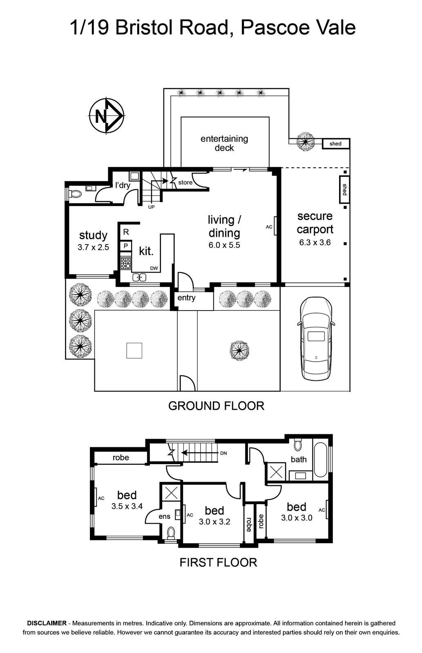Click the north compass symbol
tap(107, 116)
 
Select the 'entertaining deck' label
tap(224, 143)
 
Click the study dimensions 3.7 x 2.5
tap(93, 247)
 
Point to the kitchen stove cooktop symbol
tap(126, 263)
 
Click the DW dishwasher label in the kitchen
tap(154, 268)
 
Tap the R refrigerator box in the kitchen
tap(126, 232)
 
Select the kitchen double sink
tap(139, 277)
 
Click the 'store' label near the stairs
tap(185, 182)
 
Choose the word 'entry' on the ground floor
tap(186, 298)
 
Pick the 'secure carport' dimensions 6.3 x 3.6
tap(315, 242)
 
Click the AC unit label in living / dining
tap(269, 227)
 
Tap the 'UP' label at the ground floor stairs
tap(151, 207)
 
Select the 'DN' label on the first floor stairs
tap(223, 453)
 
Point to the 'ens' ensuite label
tap(164, 517)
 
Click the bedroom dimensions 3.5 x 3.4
tap(127, 506)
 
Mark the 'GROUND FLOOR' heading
tap(216, 406)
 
